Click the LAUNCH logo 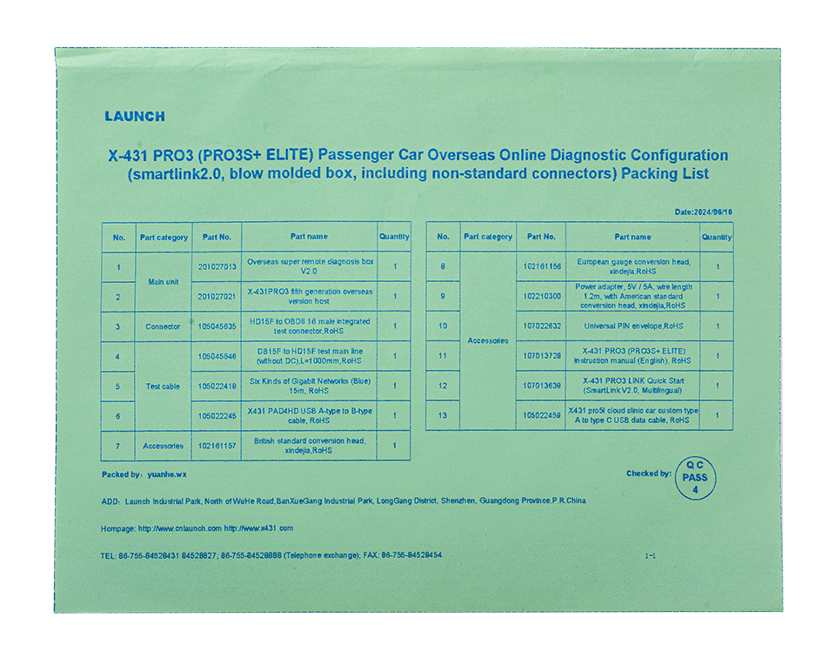click(x=134, y=117)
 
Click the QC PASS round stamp click(x=695, y=478)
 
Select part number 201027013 click(x=217, y=266)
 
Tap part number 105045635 click(x=217, y=326)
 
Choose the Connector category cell click(x=164, y=326)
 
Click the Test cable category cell click(x=164, y=386)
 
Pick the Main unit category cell click(x=164, y=281)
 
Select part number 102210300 click(x=541, y=296)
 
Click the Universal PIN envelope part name click(x=632, y=326)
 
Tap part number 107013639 click(x=541, y=386)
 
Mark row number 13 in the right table click(x=443, y=415)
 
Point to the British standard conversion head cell click(x=310, y=446)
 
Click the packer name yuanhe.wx click(x=167, y=474)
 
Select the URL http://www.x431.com click(x=258, y=528)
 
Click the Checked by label click(x=648, y=474)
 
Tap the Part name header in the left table click(x=310, y=236)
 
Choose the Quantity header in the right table click(x=717, y=237)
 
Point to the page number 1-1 click(x=650, y=555)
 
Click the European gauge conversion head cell click(x=632, y=266)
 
